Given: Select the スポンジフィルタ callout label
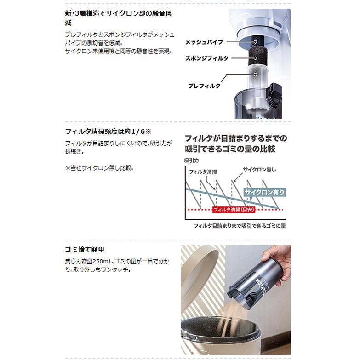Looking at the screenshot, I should click(x=206, y=59).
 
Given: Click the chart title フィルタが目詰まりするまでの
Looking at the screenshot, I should click(x=235, y=138).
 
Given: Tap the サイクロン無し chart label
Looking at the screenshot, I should click(x=260, y=170).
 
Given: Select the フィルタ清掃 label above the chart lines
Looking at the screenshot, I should click(x=203, y=171).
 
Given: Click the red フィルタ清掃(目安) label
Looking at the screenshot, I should click(x=234, y=210).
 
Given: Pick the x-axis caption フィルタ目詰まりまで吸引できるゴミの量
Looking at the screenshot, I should click(x=240, y=226).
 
